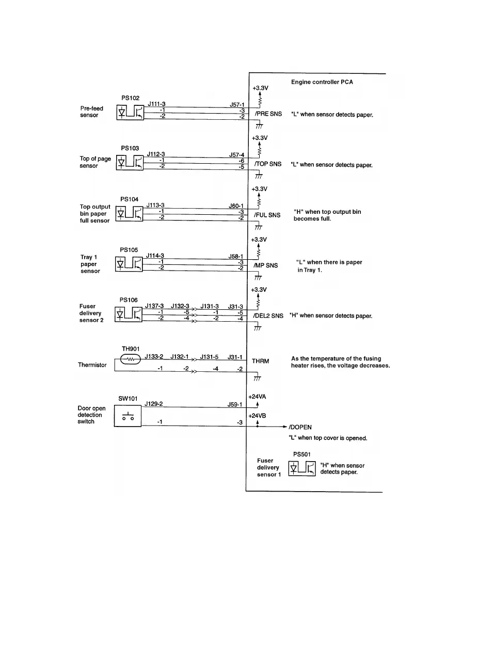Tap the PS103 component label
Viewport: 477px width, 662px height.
click(130, 148)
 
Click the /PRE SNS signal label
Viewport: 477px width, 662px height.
click(268, 114)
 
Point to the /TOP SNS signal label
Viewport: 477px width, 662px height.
click(268, 164)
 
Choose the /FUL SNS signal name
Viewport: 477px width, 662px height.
click(267, 215)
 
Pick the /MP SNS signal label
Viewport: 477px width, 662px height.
click(266, 265)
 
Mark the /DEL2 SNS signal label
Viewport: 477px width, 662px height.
click(268, 316)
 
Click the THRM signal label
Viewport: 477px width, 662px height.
click(260, 361)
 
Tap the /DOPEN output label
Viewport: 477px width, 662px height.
click(300, 428)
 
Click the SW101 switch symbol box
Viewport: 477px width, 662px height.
click(127, 416)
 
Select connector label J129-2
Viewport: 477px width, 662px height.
click(154, 403)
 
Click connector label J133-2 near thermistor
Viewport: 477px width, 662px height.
click(154, 356)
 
